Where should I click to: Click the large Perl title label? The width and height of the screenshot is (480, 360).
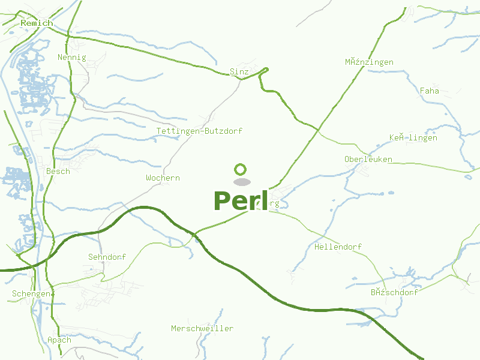tap(240, 201)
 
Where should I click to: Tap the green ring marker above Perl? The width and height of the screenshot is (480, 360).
tap(241, 169)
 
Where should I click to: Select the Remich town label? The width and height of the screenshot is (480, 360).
tap(37, 23)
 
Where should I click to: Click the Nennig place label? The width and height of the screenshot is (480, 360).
tap(72, 58)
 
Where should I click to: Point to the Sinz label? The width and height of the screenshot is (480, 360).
tap(239, 72)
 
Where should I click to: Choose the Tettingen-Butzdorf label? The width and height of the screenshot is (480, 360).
tap(199, 131)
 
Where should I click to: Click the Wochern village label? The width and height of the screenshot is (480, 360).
tap(163, 178)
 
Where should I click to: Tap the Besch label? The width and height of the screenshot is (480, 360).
tap(58, 172)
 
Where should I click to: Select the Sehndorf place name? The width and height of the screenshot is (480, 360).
tap(107, 257)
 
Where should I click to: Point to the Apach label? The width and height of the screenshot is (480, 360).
tap(59, 340)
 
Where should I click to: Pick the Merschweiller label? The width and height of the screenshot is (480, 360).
tap(202, 329)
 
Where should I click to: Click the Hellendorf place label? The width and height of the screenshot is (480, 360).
tap(338, 247)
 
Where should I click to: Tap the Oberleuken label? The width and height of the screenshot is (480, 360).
tap(368, 160)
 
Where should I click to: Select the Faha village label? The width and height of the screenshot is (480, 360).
tap(430, 91)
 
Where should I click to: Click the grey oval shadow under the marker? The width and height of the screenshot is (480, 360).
tap(241, 182)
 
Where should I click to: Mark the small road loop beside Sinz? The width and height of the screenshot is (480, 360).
tap(265, 70)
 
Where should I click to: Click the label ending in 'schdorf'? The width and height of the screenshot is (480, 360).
tap(394, 293)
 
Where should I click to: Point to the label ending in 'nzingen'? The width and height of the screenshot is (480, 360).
tap(369, 62)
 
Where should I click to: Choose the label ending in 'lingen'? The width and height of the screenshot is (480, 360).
tap(413, 138)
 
